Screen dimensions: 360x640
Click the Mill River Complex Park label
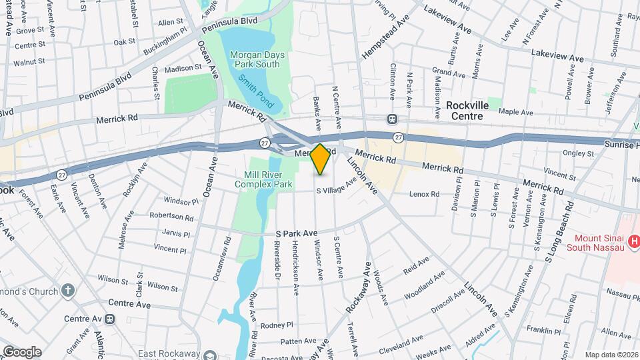(268, 179)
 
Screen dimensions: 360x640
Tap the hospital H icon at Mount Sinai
(634, 240)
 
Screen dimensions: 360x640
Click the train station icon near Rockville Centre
(393, 119)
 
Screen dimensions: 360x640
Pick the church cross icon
(67, 290)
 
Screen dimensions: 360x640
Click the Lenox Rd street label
(425, 194)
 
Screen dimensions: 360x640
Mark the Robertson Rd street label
(171, 217)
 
